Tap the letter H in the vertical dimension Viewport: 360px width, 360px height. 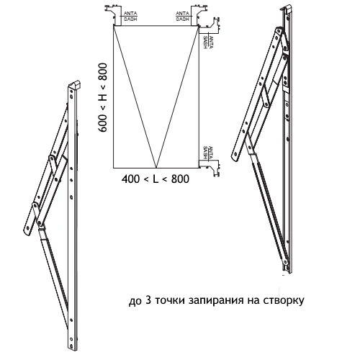point(102,97)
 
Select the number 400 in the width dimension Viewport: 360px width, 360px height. point(130,179)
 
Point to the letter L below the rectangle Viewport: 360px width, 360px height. point(156,179)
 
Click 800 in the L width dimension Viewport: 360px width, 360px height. point(180,179)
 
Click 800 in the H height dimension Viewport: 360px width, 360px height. point(102,72)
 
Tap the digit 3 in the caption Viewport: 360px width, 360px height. point(148,300)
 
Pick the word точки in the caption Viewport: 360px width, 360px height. point(169,300)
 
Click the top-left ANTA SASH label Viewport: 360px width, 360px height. point(130,16)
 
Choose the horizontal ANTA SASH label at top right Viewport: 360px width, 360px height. point(183,16)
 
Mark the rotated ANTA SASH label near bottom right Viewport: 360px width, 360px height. point(207,153)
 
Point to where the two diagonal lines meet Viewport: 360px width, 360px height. point(156,168)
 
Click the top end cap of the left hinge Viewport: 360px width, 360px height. point(75,85)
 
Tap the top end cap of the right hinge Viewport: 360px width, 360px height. point(287,8)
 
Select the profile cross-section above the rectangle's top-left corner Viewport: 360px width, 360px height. point(112,15)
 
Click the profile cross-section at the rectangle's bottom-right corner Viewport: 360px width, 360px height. point(210,168)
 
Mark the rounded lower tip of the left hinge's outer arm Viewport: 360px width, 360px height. point(27,231)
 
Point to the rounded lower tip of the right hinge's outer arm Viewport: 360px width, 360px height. point(235,157)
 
